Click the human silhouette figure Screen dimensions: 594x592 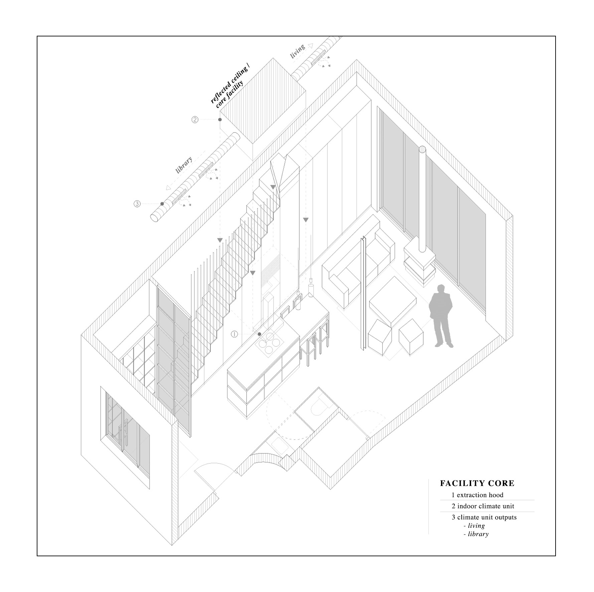tap(441, 316)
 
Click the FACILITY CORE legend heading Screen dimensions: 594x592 tap(477, 483)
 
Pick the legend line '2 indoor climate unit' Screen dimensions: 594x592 tap(483, 506)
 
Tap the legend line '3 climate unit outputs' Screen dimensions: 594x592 tap(484, 517)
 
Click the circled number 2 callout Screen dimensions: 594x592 tap(195, 120)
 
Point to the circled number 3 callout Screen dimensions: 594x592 tap(137, 203)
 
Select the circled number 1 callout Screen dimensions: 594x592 tap(234, 334)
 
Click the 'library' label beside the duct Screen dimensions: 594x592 tap(184, 165)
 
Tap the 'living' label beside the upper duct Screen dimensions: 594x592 tap(297, 51)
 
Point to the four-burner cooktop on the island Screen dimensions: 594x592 tap(269, 344)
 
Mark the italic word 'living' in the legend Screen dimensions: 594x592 tap(476, 526)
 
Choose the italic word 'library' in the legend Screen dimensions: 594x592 tap(478, 534)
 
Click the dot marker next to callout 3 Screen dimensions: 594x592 tap(162, 203)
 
